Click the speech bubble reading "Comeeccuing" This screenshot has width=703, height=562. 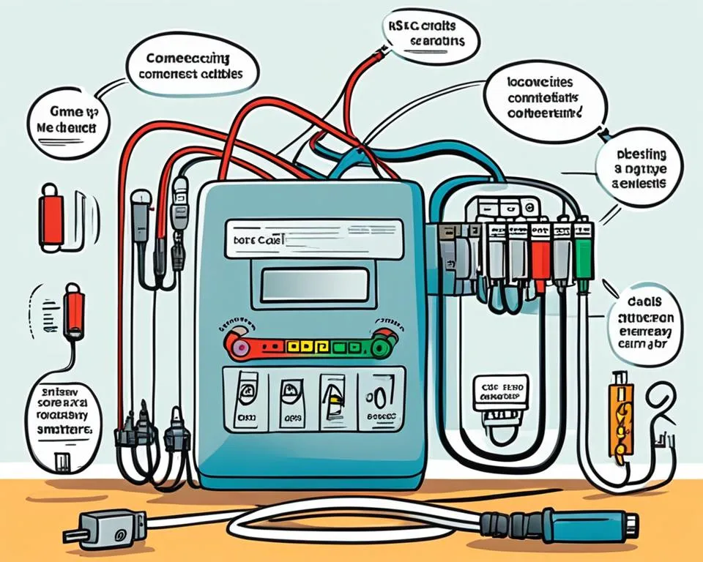[192, 67]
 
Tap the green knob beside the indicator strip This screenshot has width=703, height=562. [380, 345]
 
